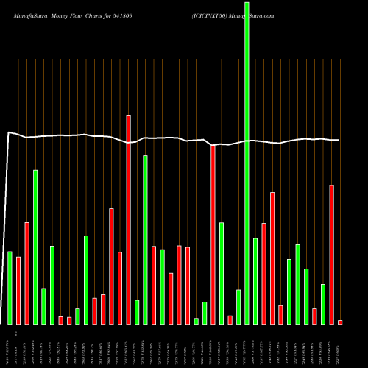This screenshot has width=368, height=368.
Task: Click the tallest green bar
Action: (x=247, y=162)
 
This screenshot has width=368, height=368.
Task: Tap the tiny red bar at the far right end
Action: (x=340, y=322)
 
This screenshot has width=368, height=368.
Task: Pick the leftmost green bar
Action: (x=10, y=288)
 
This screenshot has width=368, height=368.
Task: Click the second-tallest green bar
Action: (x=35, y=247)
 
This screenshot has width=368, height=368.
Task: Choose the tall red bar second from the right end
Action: (x=331, y=254)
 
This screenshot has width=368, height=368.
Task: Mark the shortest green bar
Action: (x=196, y=321)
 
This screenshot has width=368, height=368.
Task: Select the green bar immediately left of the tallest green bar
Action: (x=238, y=307)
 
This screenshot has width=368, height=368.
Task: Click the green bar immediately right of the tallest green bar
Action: (x=255, y=280)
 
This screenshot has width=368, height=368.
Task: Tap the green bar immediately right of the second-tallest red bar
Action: (x=221, y=273)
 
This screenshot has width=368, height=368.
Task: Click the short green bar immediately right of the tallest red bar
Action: (x=137, y=312)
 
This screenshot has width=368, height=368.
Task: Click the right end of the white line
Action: (x=339, y=140)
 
